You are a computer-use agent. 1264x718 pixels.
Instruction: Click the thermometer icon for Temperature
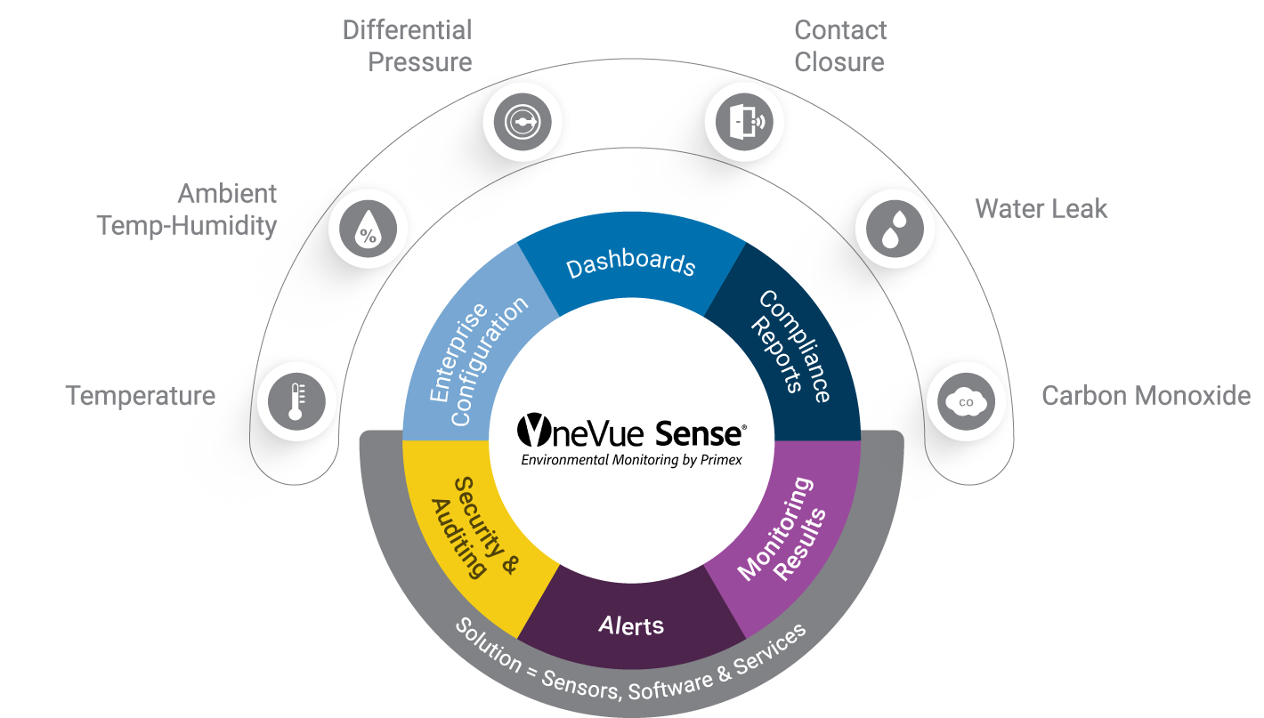click(x=296, y=402)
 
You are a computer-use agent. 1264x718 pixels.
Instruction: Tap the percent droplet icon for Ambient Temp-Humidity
click(x=368, y=228)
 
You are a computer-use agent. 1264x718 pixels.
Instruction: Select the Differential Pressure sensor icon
click(x=523, y=123)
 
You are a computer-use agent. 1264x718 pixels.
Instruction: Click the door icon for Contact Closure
click(x=744, y=121)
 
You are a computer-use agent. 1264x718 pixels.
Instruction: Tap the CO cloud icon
click(x=966, y=402)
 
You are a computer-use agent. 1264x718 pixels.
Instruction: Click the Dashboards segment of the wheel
click(x=630, y=265)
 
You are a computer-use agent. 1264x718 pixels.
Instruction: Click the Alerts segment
click(x=630, y=625)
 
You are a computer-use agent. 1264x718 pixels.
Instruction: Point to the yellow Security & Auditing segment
click(x=472, y=530)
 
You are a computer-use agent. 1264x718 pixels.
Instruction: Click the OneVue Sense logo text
click(x=631, y=432)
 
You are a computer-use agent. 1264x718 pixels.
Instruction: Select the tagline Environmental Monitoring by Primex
click(x=631, y=460)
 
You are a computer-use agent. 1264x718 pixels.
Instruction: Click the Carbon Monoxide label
click(x=1146, y=395)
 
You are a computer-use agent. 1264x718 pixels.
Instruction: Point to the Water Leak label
click(x=1041, y=209)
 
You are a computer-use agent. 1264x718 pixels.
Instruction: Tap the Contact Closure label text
click(x=839, y=46)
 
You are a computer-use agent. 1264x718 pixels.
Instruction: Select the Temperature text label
click(x=141, y=395)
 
